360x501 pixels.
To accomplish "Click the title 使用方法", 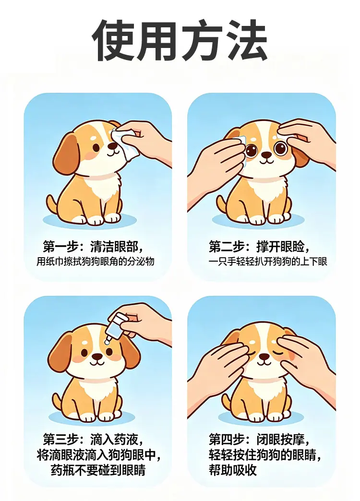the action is coord(180,40).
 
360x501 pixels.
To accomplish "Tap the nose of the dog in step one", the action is coord(112,146).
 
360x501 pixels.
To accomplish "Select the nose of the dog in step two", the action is coord(266,155).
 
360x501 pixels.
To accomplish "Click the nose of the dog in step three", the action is coord(97,356).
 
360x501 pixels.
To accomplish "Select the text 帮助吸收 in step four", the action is coord(233,470).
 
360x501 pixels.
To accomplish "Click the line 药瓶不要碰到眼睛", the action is coord(98,470).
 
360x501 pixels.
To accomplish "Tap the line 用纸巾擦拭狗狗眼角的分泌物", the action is coord(95,262).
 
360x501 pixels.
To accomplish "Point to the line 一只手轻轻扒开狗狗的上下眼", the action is coord(268,262).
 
